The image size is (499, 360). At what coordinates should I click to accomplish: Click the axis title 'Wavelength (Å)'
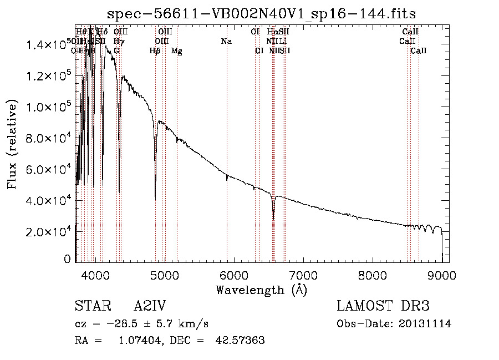point(261,290)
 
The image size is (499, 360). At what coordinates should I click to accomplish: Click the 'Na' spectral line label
point(226,41)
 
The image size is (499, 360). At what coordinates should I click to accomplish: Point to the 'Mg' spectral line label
point(177,51)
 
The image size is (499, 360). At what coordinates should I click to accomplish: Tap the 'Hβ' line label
point(155,51)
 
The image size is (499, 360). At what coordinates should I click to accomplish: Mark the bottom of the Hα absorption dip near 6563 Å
point(273,219)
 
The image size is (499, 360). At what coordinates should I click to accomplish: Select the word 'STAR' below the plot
point(91,307)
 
